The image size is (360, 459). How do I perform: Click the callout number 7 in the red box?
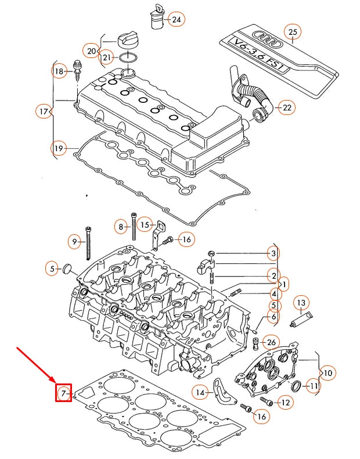pyautogui.click(x=63, y=393)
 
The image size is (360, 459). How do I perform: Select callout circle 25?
pyautogui.click(x=293, y=33)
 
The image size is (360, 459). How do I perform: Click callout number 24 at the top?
pyautogui.click(x=176, y=20)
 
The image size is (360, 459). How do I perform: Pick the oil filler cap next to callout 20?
pyautogui.click(x=125, y=41)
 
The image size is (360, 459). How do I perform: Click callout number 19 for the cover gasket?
pyautogui.click(x=59, y=149)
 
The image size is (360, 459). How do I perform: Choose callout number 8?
pyautogui.click(x=121, y=227)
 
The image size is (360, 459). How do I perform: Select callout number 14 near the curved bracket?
pyautogui.click(x=200, y=393)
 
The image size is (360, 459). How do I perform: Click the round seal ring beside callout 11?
pyautogui.click(x=296, y=386)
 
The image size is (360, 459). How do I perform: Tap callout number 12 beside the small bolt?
pyautogui.click(x=285, y=401)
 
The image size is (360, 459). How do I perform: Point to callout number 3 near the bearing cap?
pyautogui.click(x=272, y=253)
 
